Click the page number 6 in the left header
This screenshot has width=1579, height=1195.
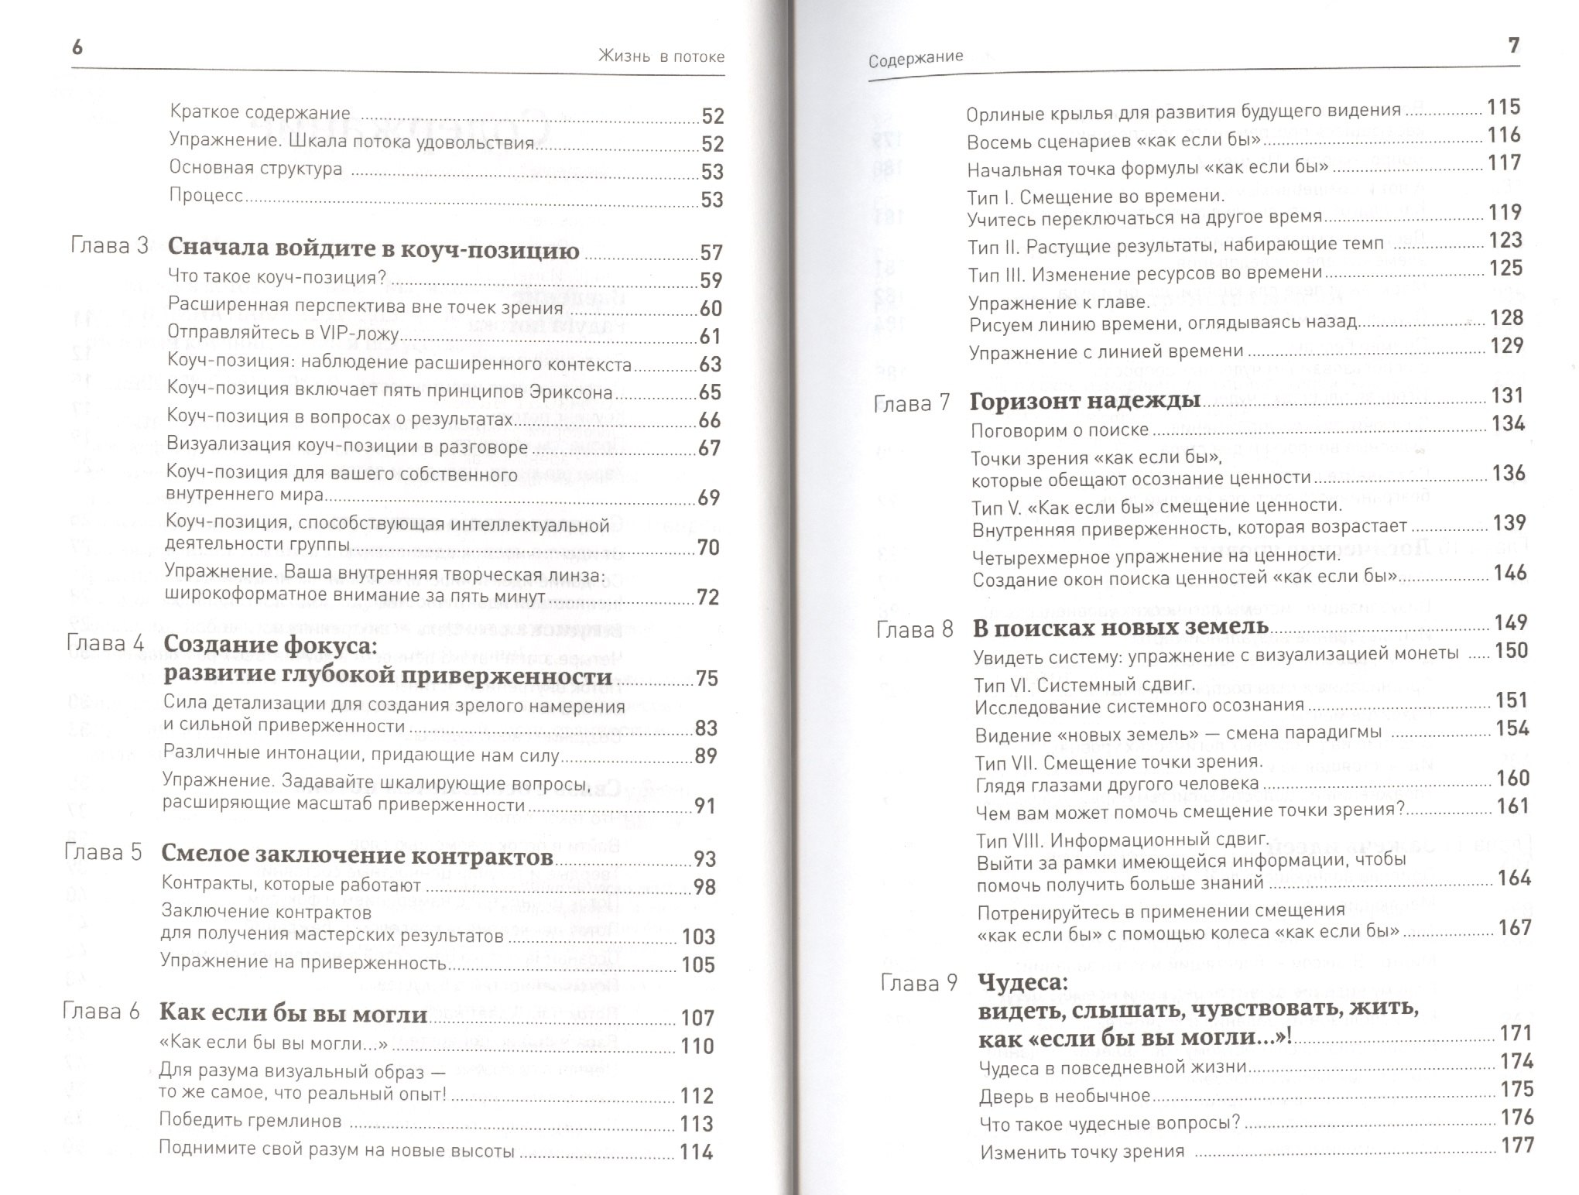point(77,47)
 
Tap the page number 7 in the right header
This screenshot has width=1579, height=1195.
point(1514,46)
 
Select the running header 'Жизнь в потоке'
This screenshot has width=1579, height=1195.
point(661,56)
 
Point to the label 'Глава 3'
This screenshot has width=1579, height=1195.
point(109,246)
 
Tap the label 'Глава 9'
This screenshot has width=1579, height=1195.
point(920,983)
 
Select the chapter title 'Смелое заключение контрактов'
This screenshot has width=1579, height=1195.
point(357,855)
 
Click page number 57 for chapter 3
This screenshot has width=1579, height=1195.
point(711,252)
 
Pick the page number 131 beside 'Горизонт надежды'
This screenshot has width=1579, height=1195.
point(1507,395)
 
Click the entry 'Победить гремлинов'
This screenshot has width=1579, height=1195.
point(250,1121)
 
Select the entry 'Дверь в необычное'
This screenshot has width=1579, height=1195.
point(1065,1097)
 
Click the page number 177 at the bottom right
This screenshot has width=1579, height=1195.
point(1517,1145)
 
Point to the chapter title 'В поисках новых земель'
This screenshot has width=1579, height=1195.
point(1121,627)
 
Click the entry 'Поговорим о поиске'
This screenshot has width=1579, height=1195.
point(1060,430)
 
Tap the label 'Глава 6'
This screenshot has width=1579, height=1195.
point(101,1012)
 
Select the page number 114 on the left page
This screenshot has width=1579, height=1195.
point(696,1152)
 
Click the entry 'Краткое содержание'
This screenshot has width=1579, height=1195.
point(260,113)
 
